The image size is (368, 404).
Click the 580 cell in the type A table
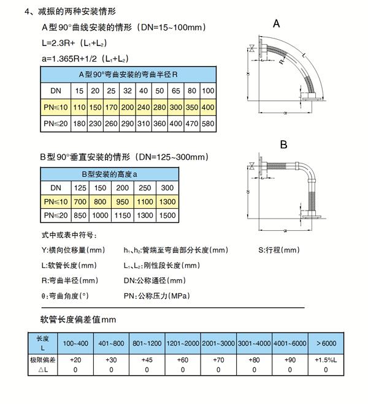[208, 124]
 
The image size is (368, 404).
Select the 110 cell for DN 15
[79, 108]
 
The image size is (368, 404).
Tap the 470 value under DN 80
[191, 124]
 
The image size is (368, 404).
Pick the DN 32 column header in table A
[127, 91]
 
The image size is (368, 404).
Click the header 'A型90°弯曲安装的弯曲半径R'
[128, 75]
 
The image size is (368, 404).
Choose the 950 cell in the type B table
[123, 201]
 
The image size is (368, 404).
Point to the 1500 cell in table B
[167, 215]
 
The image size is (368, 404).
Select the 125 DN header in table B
[80, 187]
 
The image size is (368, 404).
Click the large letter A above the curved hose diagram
[277, 24]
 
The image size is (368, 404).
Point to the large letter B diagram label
[283, 145]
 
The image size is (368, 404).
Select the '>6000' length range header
[325, 342]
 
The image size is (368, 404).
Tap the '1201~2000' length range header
[183, 342]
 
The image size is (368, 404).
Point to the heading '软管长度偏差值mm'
[78, 320]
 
